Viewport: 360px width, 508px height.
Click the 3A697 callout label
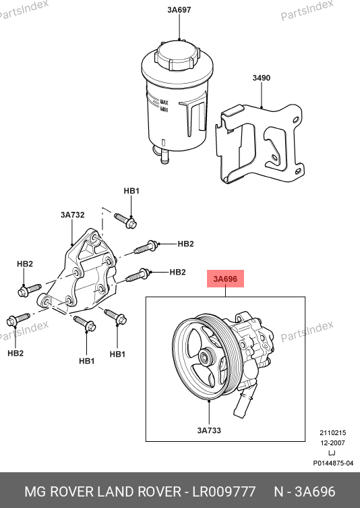[x=179, y=9]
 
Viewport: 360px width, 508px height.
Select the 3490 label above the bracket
[x=262, y=78]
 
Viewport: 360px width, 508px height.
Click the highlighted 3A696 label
[x=225, y=279]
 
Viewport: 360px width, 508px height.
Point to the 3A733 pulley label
[x=209, y=430]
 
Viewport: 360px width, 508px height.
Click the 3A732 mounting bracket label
[x=73, y=215]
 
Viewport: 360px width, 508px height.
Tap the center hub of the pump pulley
[x=205, y=358]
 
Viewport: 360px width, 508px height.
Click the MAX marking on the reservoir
[x=164, y=103]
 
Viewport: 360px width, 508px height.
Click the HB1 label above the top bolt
[x=131, y=191]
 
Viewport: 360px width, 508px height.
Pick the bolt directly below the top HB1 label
[x=125, y=221]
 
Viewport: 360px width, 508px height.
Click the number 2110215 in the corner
[x=333, y=433]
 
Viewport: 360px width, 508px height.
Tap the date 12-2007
[x=333, y=443]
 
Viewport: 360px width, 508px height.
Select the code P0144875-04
[x=333, y=463]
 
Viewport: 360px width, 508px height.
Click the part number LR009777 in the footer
[x=224, y=492]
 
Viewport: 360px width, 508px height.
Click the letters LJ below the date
[x=332, y=453]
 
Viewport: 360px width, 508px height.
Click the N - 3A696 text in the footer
[x=305, y=492]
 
